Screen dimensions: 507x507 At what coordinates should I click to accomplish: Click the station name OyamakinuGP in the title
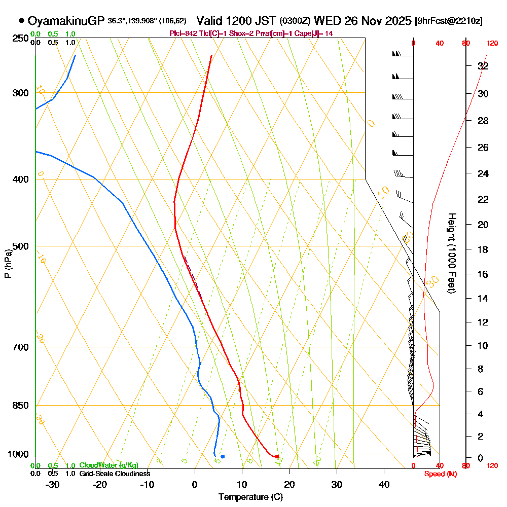click(x=66, y=21)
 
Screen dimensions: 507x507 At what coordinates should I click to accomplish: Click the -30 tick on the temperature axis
click(x=53, y=485)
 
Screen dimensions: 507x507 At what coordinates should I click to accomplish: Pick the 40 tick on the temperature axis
click(x=384, y=485)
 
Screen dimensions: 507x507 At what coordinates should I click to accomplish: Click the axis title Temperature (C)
click(x=250, y=497)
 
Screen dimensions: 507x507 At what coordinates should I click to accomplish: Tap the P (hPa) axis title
click(x=8, y=264)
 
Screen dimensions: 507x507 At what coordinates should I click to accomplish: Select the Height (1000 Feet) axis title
click(x=451, y=253)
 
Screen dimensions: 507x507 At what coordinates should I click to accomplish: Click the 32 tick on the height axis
click(x=483, y=66)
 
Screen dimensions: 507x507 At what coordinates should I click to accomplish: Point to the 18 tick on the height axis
click(x=483, y=249)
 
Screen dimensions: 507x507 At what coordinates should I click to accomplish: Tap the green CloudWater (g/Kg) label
click(x=108, y=465)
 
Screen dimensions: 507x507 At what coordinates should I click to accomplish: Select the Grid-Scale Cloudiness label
click(x=115, y=474)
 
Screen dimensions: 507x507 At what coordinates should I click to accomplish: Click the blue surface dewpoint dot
click(x=223, y=457)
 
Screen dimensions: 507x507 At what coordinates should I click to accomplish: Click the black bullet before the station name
click(x=21, y=21)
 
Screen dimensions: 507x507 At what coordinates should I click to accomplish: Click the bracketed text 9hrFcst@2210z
click(x=448, y=21)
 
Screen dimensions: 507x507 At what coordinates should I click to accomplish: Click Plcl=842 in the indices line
click(x=181, y=33)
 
